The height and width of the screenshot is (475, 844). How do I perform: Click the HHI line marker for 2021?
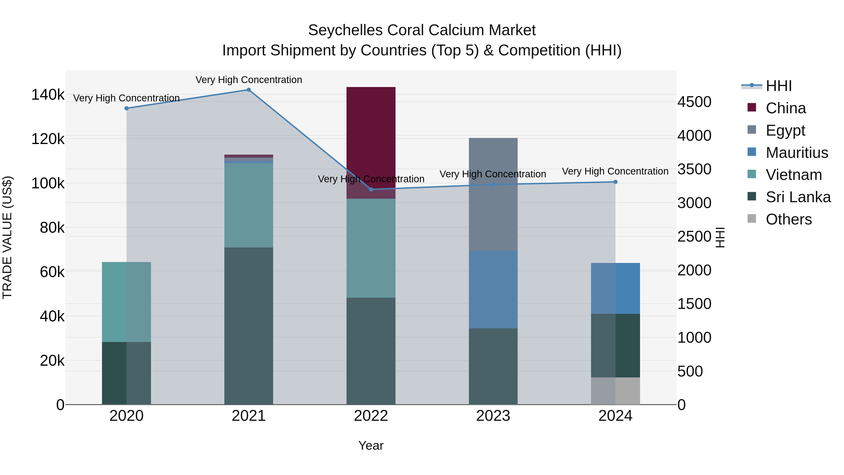249,90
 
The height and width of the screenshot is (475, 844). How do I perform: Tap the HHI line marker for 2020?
126,108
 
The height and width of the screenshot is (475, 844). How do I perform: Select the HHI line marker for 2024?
615,182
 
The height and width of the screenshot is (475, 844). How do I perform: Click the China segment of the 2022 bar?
371,138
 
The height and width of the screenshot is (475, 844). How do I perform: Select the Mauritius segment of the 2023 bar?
493,289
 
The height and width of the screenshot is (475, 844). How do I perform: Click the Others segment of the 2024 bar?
615,391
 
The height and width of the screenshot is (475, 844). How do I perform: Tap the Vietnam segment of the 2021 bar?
249,205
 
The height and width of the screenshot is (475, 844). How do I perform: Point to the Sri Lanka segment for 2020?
126,373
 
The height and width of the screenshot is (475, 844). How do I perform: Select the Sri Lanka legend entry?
798,197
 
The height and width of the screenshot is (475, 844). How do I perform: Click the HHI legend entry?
778,86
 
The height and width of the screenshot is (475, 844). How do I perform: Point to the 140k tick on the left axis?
48,95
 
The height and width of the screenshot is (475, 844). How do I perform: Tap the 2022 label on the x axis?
371,416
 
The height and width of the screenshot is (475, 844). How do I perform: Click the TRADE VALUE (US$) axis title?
7,238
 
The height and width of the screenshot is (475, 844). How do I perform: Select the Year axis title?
371,445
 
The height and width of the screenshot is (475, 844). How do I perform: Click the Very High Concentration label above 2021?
249,80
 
